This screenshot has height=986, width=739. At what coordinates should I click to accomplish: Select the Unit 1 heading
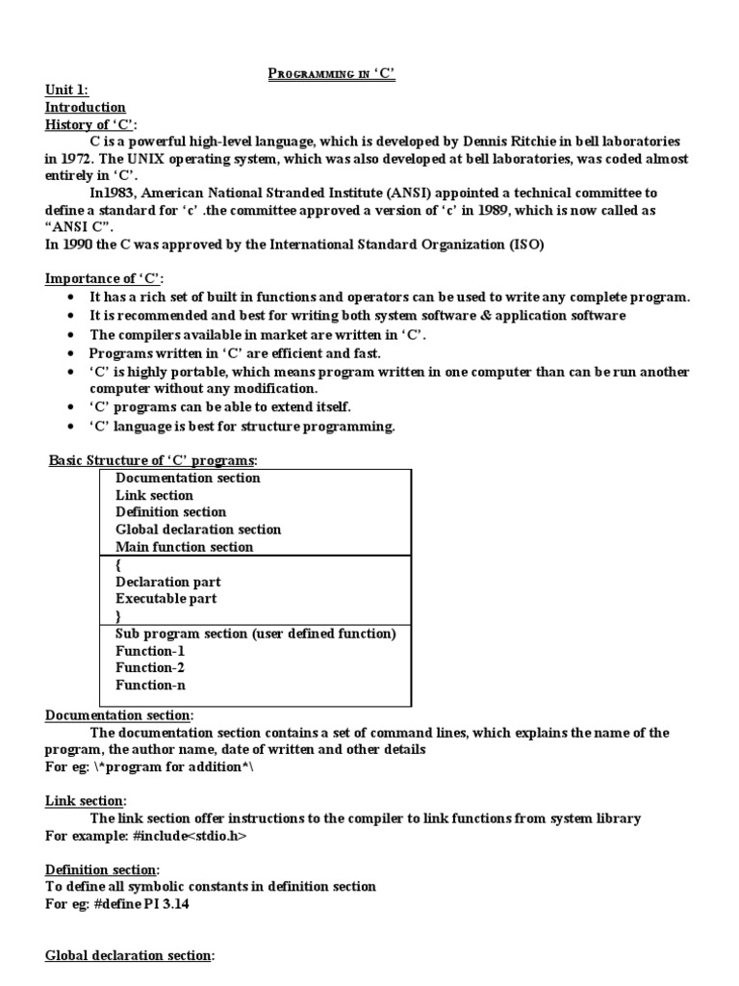pos(67,91)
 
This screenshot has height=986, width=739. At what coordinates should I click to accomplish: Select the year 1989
pos(466,210)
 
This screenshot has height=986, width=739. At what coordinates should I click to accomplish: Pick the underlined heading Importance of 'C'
pos(106,279)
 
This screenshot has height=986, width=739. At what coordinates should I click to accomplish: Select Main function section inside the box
pos(184,547)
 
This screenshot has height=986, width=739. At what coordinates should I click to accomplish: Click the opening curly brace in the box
pos(118,565)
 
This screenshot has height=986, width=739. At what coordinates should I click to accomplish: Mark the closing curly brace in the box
pos(118,615)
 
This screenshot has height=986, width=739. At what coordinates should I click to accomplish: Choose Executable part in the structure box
pos(166,599)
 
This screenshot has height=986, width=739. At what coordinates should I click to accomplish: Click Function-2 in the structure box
pos(150,668)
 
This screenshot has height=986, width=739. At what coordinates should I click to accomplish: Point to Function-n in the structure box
pos(150,686)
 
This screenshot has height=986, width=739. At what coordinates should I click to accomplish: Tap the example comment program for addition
pos(173,767)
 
